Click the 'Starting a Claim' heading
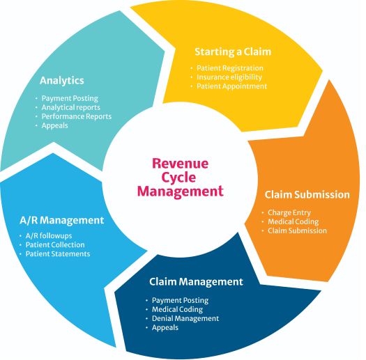tap(233, 52)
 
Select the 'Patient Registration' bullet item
tap(230, 68)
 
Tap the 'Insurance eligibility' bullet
tap(229, 77)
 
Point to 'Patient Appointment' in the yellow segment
tap(231, 86)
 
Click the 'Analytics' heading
tap(62, 81)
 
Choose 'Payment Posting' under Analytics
tap(70, 98)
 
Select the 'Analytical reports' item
tap(71, 107)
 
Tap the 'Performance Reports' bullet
tap(77, 116)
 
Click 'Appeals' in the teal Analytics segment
tap(55, 125)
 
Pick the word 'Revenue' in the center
tap(180, 164)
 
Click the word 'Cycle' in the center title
tap(178, 178)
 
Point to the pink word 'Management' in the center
tap(180, 191)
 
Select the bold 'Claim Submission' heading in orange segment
tap(307, 195)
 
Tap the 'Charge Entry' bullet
tap(289, 212)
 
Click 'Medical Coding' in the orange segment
tap(293, 221)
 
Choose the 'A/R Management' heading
tap(62, 220)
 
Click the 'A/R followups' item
tap(49, 236)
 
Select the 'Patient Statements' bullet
tap(58, 254)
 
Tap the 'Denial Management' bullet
tap(185, 318)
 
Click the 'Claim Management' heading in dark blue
tap(196, 282)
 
